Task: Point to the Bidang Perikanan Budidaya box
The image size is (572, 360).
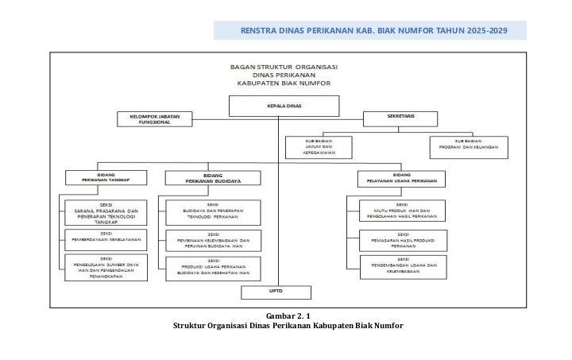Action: click(x=212, y=177)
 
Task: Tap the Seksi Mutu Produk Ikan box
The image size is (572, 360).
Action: click(x=401, y=211)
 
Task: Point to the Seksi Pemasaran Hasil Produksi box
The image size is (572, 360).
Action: click(x=401, y=242)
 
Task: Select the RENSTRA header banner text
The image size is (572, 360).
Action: click(x=373, y=31)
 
